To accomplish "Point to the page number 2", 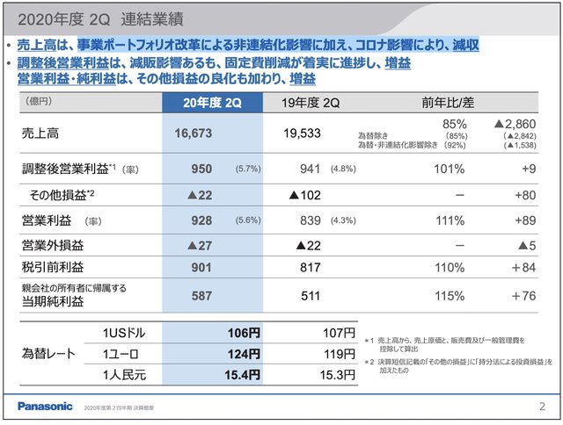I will (541, 406).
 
